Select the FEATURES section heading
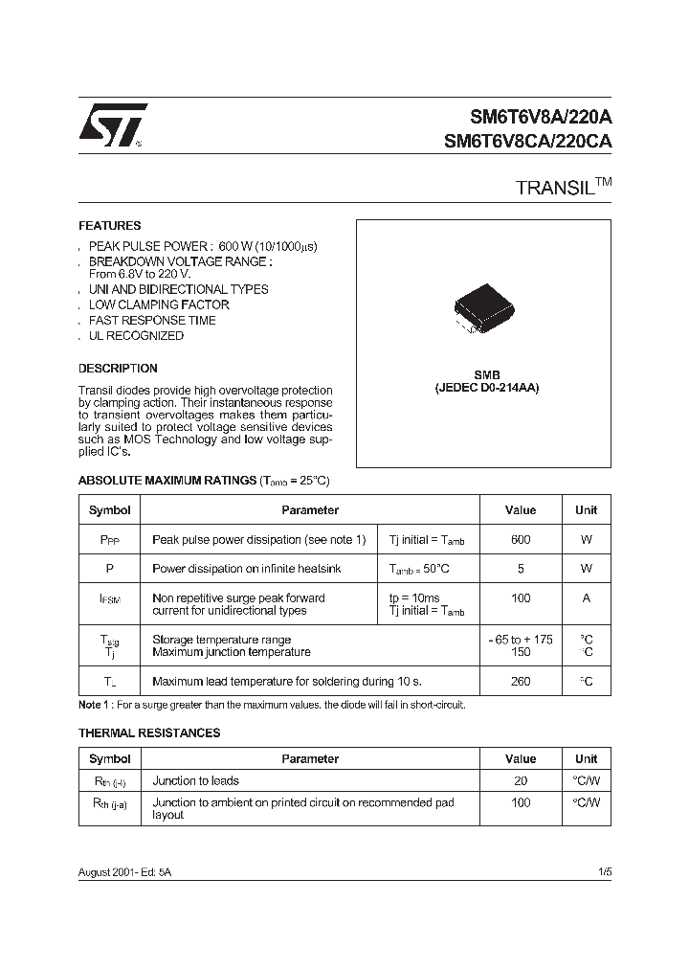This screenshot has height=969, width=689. point(109,226)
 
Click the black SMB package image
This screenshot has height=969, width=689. point(483,308)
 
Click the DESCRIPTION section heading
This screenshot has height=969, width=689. point(118,368)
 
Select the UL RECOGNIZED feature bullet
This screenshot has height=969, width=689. point(136,336)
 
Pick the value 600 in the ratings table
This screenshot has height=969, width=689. point(520,540)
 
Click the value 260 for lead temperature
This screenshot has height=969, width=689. point(520,682)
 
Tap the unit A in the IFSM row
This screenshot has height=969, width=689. point(586,598)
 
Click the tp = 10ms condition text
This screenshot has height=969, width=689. point(415,597)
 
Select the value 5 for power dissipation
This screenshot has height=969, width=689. point(520,569)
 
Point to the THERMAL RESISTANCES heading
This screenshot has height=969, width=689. point(149,732)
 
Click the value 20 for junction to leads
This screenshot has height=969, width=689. point(520,780)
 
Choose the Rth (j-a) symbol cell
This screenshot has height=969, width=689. point(109,803)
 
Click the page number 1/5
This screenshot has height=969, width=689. point(603,873)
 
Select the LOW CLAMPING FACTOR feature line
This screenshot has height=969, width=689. point(159,304)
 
